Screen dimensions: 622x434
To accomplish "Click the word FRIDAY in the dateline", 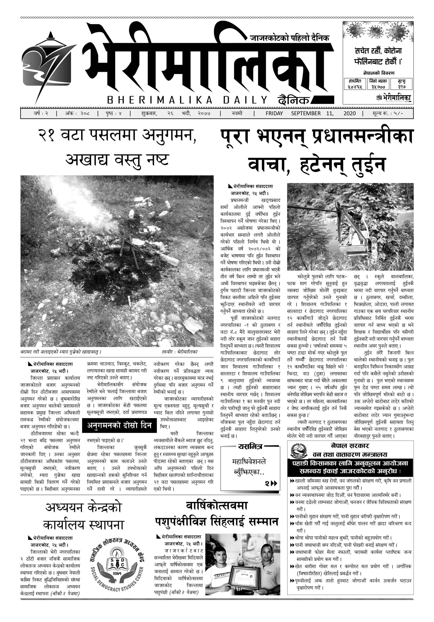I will (274, 113).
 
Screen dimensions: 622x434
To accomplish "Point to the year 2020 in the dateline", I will (349, 113).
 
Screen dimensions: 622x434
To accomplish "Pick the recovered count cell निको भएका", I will (378, 84).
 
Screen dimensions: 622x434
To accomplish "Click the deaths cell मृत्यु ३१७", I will (401, 84).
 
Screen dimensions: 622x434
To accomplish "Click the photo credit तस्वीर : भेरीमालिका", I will (179, 352).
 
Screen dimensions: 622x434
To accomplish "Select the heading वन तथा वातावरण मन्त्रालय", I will (350, 454).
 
